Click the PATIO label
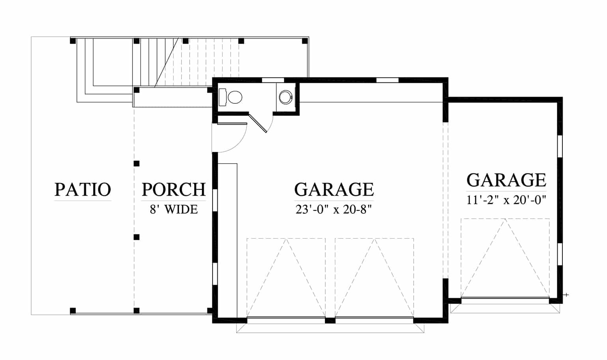[83, 189]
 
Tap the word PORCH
[174, 189]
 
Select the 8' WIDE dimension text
[174, 209]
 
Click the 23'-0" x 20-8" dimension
[334, 209]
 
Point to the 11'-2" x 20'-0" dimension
[506, 200]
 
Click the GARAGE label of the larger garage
[334, 189]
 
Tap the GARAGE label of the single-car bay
[506, 180]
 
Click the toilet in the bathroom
[231, 97]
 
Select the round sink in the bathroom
[286, 97]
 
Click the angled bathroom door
[258, 123]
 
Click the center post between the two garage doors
[330, 321]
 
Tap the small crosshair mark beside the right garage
[566, 295]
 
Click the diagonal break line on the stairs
[166, 63]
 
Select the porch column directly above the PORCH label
[136, 164]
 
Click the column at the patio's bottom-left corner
[73, 311]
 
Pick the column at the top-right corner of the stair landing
[305, 41]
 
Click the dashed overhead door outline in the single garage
[505, 258]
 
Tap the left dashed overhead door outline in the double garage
[286, 278]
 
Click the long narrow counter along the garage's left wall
[228, 240]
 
